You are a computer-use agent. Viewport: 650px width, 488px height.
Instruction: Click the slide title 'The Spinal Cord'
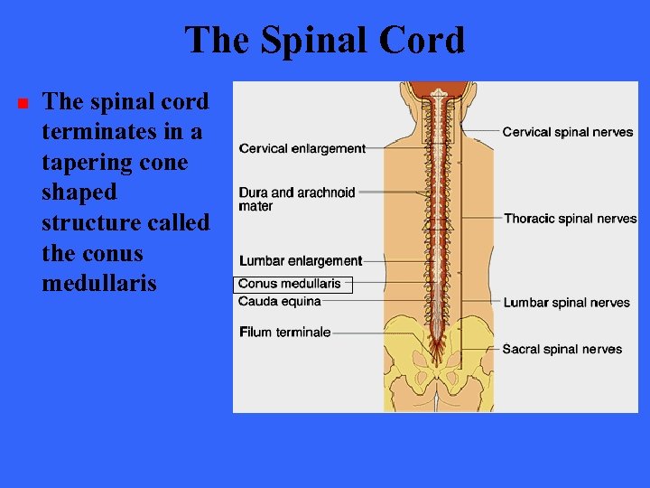(325, 41)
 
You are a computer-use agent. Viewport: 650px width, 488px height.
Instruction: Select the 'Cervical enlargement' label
(302, 148)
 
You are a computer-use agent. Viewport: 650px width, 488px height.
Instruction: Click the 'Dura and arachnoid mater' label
(297, 199)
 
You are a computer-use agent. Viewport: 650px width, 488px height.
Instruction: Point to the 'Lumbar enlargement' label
(300, 261)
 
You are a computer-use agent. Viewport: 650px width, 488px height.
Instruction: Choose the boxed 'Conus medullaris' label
(292, 284)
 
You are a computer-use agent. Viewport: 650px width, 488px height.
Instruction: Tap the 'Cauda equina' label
(280, 301)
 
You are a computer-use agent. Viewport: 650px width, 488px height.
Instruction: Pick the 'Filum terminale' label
(284, 332)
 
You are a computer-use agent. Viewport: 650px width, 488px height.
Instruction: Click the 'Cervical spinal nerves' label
(568, 132)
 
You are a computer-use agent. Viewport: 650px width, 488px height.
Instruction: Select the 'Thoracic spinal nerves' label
(570, 219)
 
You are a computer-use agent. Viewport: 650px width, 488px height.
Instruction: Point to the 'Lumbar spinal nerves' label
(566, 303)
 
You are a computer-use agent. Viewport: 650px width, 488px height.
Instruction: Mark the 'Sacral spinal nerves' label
(562, 349)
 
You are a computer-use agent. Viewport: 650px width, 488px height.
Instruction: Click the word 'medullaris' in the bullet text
(99, 284)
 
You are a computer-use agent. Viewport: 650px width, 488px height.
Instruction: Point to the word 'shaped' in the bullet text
(79, 192)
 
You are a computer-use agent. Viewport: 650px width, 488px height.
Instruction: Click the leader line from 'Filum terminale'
(379, 333)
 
